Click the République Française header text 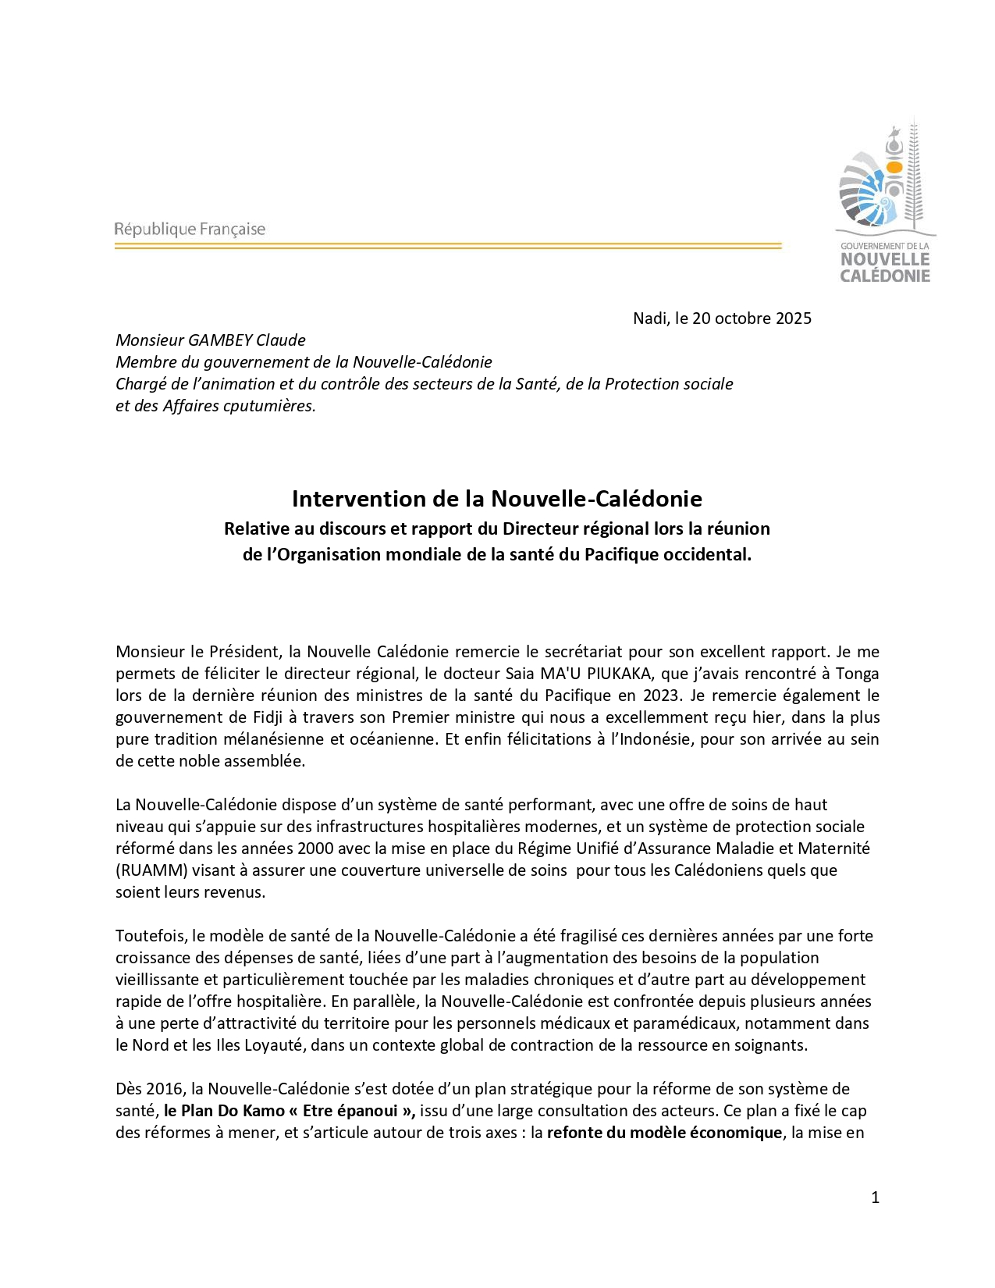(190, 229)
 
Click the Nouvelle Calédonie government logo (885, 203)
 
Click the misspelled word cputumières (269, 406)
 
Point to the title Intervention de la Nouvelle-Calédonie (497, 499)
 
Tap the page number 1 (875, 1197)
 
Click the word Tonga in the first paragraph (857, 674)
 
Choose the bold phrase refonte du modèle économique (664, 1133)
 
